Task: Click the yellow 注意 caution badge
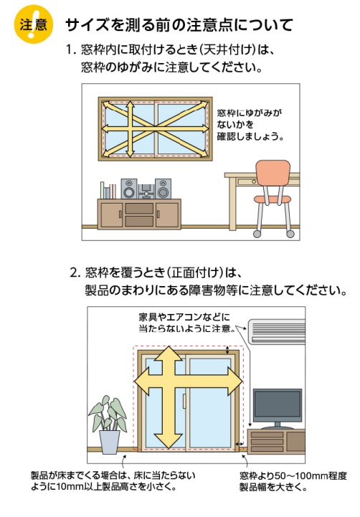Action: [x=33, y=24]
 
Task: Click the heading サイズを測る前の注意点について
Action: [x=179, y=25]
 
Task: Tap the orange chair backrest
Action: [x=273, y=173]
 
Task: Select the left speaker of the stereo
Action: [x=129, y=189]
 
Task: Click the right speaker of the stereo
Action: [x=163, y=189]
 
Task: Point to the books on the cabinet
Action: [x=108, y=190]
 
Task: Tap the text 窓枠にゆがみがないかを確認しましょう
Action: [x=250, y=125]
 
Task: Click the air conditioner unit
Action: [x=277, y=331]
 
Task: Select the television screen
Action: [x=278, y=405]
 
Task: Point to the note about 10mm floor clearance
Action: [x=113, y=481]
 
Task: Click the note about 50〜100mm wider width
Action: [x=293, y=481]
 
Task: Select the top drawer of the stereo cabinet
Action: [x=139, y=209]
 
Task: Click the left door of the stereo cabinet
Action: [x=111, y=214]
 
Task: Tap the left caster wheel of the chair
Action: [x=257, y=234]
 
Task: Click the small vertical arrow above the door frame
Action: [x=227, y=350]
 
